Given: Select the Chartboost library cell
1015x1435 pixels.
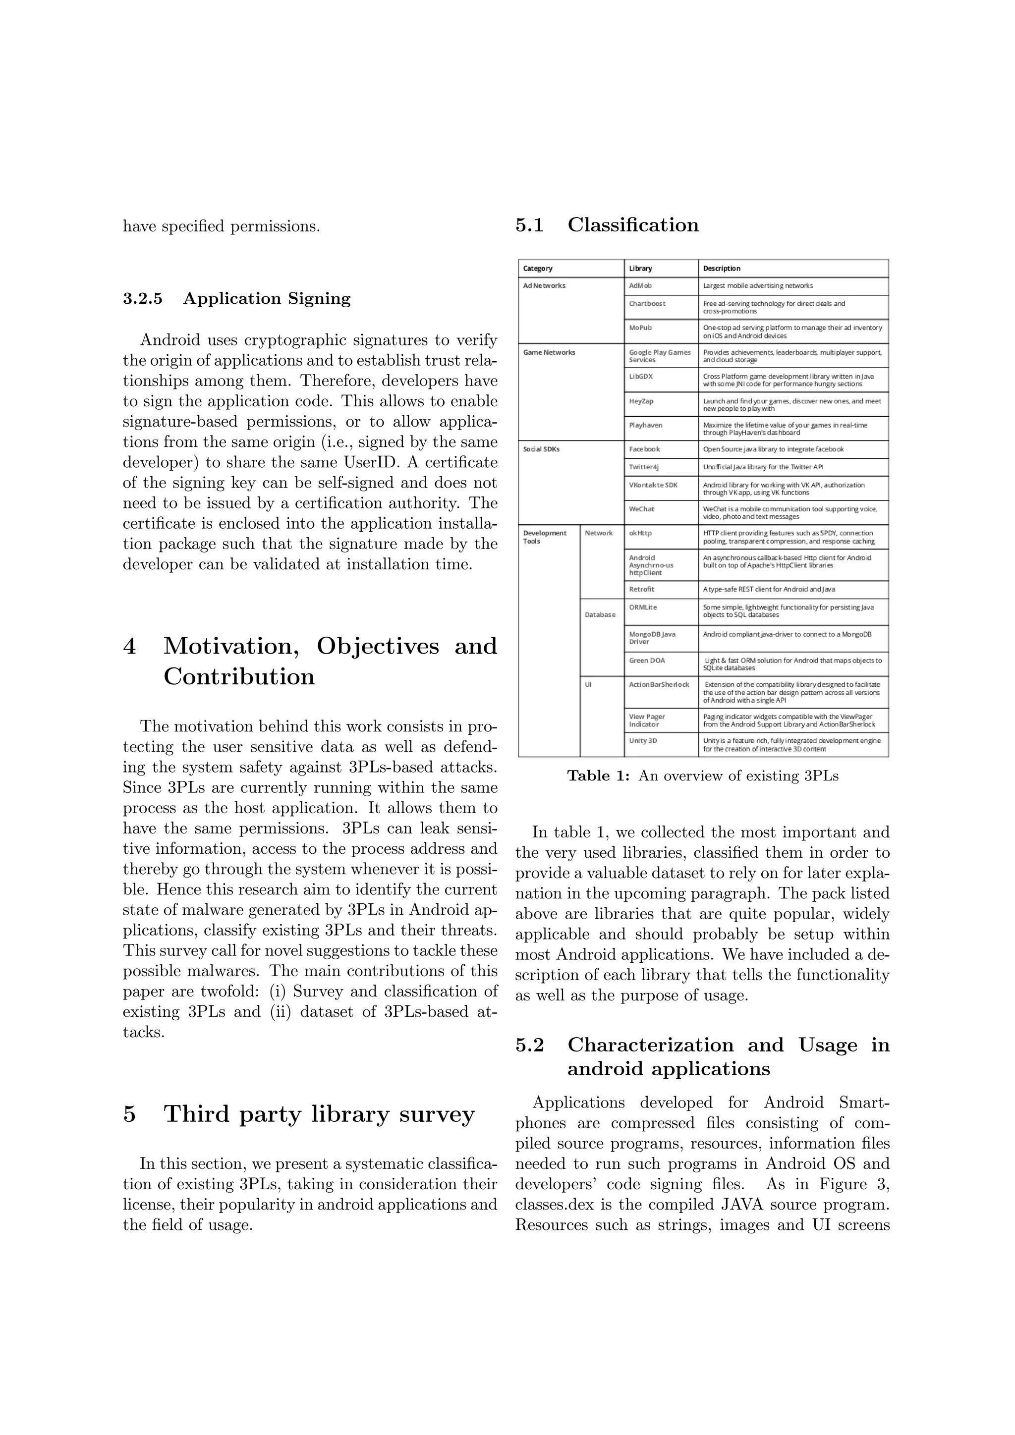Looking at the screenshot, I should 647,304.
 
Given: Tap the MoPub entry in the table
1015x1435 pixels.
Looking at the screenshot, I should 641,328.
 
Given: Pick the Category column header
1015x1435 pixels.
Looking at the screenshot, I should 538,269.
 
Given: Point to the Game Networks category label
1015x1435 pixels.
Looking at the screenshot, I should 549,352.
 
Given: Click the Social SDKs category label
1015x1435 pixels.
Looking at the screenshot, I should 541,449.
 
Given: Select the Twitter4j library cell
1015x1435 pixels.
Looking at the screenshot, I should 644,467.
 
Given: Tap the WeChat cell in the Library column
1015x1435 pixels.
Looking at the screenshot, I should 641,509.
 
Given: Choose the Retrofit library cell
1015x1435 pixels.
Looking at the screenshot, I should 642,589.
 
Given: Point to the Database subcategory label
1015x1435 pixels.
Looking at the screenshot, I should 600,614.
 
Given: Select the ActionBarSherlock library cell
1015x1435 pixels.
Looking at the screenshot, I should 659,684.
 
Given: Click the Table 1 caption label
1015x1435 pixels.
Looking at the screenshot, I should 598,776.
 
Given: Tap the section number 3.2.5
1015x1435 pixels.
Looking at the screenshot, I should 143,299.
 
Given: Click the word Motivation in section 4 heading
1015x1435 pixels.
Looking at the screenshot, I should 230,646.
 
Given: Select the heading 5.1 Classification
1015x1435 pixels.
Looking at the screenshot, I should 607,225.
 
